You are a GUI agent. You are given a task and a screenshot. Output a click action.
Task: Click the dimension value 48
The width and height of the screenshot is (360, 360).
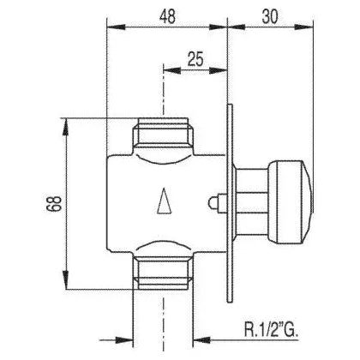(167, 16)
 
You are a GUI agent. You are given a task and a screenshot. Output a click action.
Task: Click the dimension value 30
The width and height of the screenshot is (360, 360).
(270, 16)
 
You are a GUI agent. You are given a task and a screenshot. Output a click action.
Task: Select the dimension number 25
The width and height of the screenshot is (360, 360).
(195, 59)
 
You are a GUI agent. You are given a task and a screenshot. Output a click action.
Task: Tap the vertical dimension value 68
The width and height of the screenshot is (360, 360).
(54, 203)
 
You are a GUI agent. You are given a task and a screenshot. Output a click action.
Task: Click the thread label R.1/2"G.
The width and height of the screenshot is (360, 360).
(271, 329)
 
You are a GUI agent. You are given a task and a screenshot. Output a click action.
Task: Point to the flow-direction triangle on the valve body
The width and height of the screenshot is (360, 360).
(165, 201)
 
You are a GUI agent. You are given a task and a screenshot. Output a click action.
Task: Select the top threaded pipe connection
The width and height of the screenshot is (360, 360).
(164, 132)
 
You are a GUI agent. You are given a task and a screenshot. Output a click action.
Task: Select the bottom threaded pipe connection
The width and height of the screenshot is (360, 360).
(164, 273)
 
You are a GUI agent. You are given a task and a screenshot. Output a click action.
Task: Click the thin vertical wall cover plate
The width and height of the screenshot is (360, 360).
(230, 203)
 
